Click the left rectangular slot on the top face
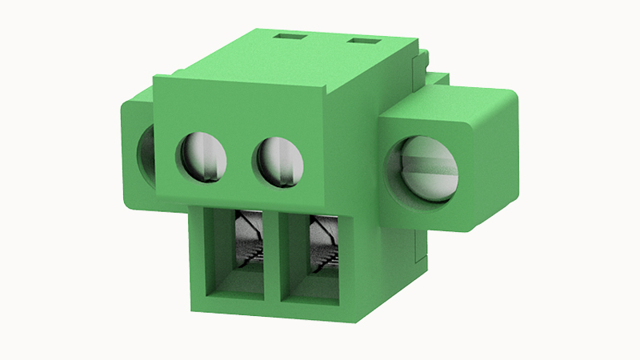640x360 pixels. [289, 36]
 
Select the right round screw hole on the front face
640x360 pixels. [279, 160]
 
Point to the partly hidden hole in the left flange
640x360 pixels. [147, 152]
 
